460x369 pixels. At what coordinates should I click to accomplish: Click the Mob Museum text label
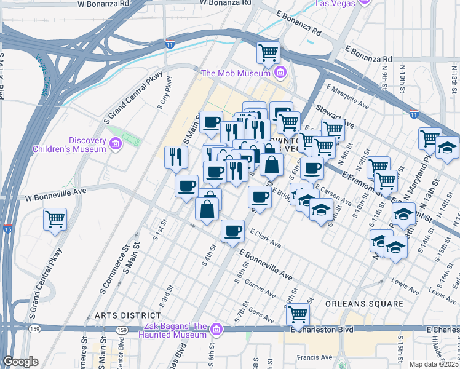[x=236, y=74]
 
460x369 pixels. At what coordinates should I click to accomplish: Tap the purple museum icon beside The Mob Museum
[x=280, y=74]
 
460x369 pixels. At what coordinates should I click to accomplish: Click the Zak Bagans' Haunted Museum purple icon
[x=216, y=330]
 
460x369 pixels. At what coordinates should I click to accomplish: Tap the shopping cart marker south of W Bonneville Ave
[x=55, y=218]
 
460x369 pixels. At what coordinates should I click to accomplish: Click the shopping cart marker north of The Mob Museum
[x=269, y=52]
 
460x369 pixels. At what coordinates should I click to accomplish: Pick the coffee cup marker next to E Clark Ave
[x=232, y=231]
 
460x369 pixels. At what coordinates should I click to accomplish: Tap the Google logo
[x=20, y=362]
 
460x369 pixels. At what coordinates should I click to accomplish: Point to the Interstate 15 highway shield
[x=8, y=229]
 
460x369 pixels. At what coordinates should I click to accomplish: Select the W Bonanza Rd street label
[x=104, y=4]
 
